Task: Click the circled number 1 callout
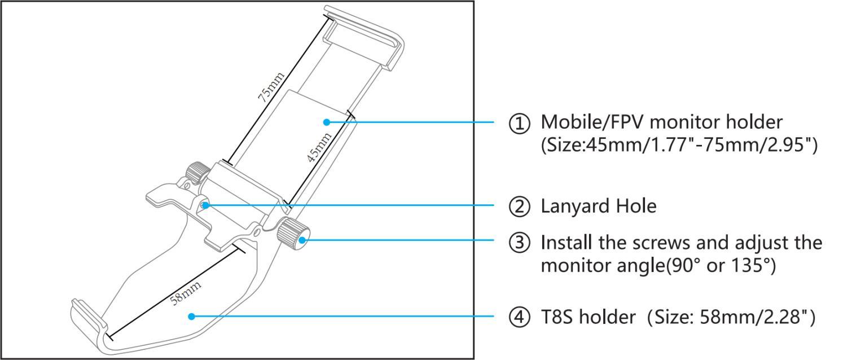(520, 123)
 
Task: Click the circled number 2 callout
(520, 207)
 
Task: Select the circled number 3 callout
(520, 243)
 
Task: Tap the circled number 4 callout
(520, 318)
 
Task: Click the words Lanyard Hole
(599, 207)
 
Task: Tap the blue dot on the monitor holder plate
(326, 122)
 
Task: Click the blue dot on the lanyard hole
(205, 205)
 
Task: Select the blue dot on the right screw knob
(302, 240)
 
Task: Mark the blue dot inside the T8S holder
(192, 317)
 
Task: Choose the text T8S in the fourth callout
(556, 318)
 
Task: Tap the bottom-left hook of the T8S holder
(87, 316)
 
